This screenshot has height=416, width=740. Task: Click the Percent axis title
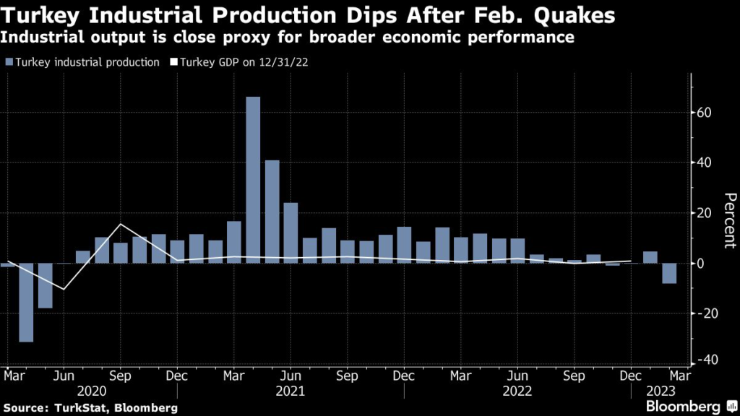coord(729,220)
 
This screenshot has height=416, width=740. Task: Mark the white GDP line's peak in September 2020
coord(120,225)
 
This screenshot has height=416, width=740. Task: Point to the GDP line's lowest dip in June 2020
coord(64,289)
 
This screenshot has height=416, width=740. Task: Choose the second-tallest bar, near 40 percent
coord(272,211)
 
